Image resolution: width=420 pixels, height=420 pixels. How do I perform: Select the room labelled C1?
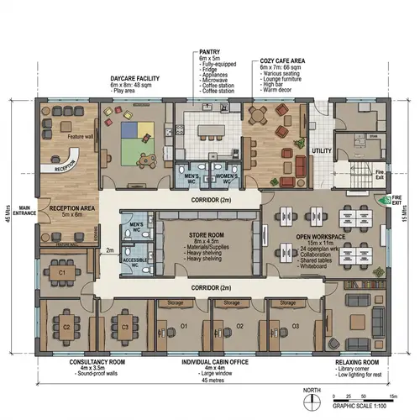(61, 273)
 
